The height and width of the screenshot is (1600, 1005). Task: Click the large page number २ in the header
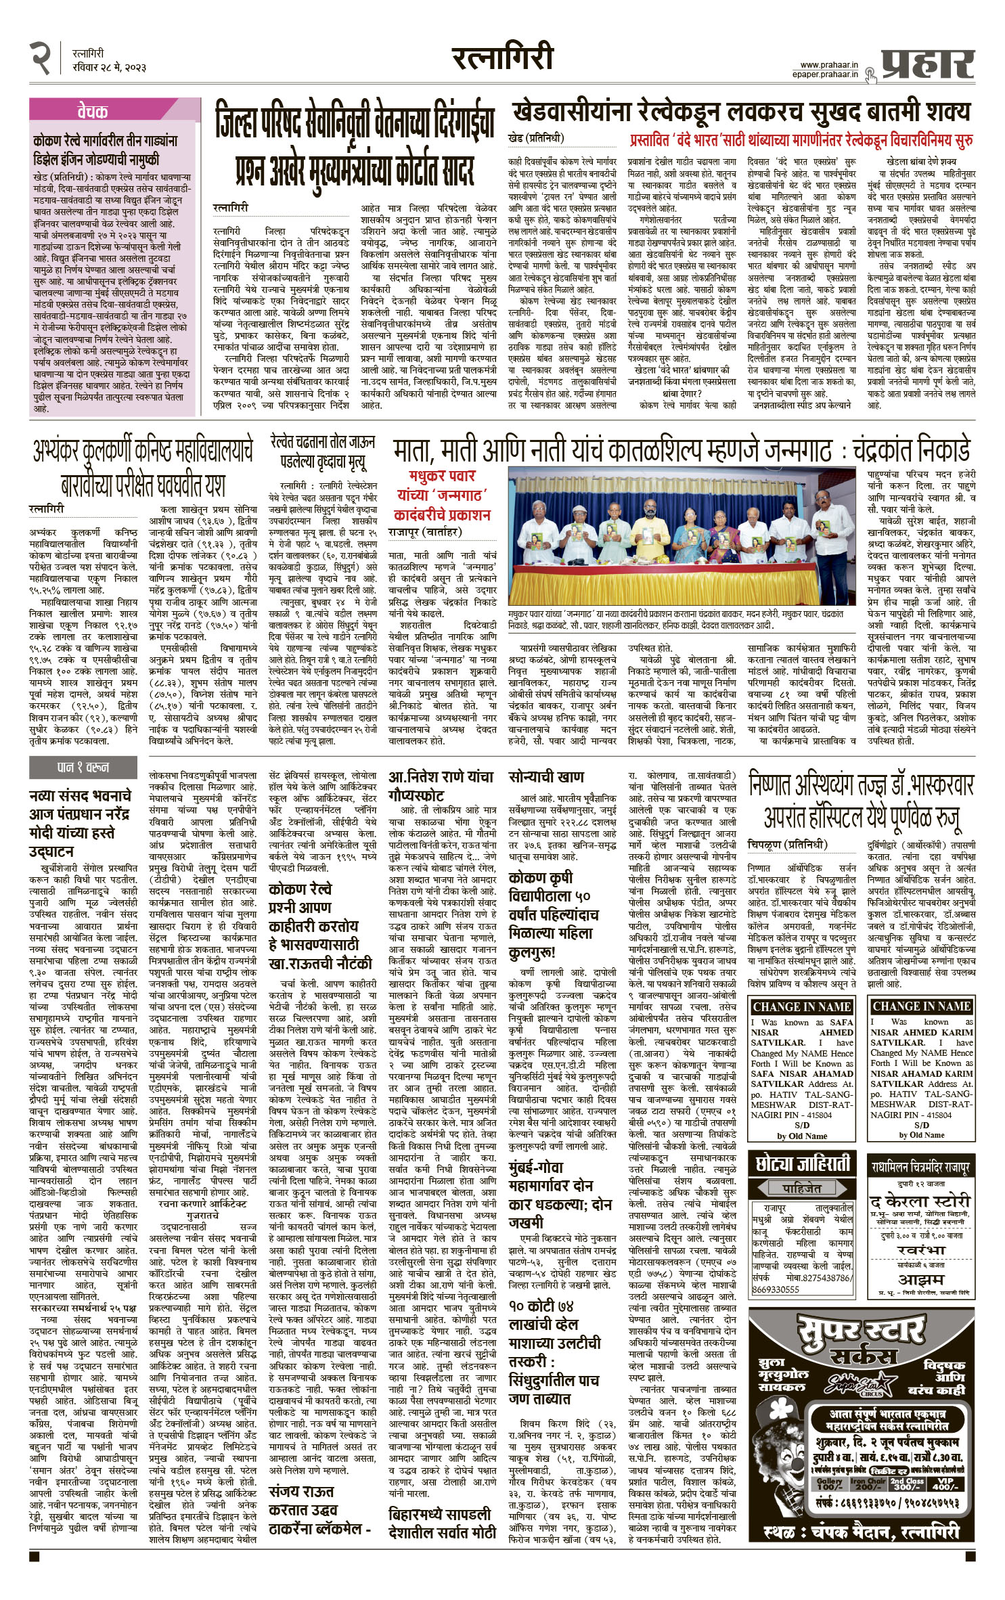[41, 57]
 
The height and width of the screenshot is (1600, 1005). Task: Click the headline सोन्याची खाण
[546, 776]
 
